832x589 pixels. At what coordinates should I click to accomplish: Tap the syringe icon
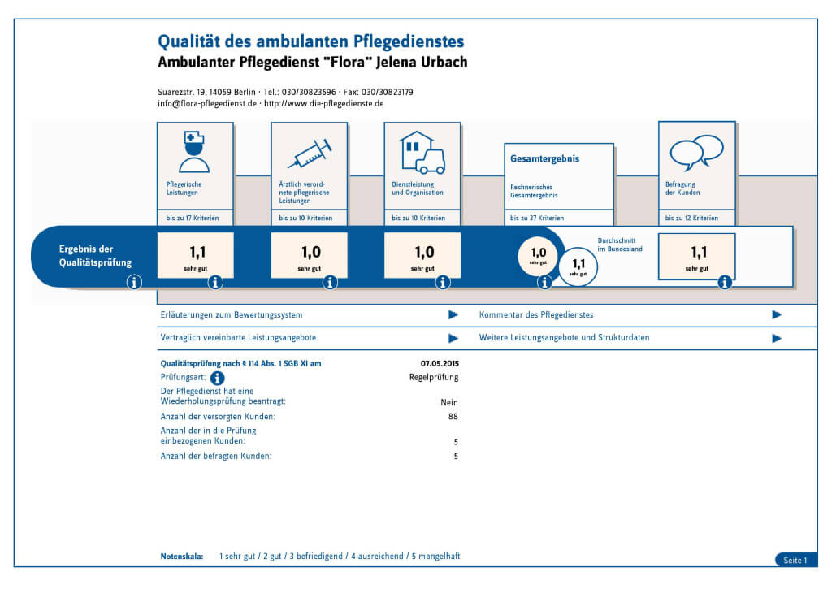tap(310, 154)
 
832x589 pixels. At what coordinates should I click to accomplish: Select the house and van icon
tap(422, 153)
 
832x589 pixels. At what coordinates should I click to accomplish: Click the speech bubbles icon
tap(696, 151)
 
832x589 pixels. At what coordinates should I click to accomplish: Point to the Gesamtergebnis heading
tap(533, 159)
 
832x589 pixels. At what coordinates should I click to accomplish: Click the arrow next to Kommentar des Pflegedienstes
tap(777, 314)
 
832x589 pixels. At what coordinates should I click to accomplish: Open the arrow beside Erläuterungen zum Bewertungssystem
tap(453, 314)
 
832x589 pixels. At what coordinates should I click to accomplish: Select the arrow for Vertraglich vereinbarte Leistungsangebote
tap(453, 337)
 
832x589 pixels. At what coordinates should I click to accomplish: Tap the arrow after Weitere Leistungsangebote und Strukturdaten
tap(777, 337)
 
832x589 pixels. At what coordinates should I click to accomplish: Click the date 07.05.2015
tap(439, 363)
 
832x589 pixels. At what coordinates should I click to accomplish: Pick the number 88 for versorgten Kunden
tap(453, 416)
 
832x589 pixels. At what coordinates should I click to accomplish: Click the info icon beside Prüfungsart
tap(217, 379)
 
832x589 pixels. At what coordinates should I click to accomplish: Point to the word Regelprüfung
tap(433, 377)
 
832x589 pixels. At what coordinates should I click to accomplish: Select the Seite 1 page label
tap(795, 560)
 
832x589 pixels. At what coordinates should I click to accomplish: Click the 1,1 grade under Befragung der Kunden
tap(696, 253)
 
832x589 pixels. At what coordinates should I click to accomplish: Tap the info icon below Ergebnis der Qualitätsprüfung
tap(134, 282)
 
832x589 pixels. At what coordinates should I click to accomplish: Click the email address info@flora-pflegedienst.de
tap(207, 104)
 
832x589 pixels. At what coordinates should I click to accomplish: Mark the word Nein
tap(449, 402)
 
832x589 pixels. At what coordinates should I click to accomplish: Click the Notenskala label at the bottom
tap(182, 557)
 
